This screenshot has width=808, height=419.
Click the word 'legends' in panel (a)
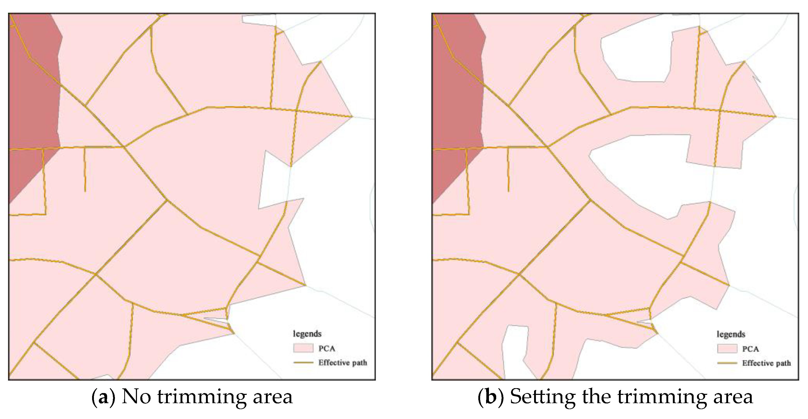coord(307,334)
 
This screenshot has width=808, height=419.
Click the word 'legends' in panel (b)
coord(731,334)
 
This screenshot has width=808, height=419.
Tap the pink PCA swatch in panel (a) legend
coord(303,348)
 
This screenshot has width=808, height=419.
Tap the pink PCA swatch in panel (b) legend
coord(727,349)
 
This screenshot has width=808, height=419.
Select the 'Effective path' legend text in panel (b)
coord(766,363)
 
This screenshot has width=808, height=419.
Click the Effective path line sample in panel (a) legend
coord(303,362)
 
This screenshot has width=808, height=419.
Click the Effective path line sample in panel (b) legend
coord(727,363)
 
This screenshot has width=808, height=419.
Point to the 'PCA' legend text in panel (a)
coord(327,348)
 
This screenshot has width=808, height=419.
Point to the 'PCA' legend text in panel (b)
coord(750,349)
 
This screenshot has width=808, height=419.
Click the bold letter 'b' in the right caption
coord(490,397)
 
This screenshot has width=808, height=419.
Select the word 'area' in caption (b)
coord(733,397)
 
